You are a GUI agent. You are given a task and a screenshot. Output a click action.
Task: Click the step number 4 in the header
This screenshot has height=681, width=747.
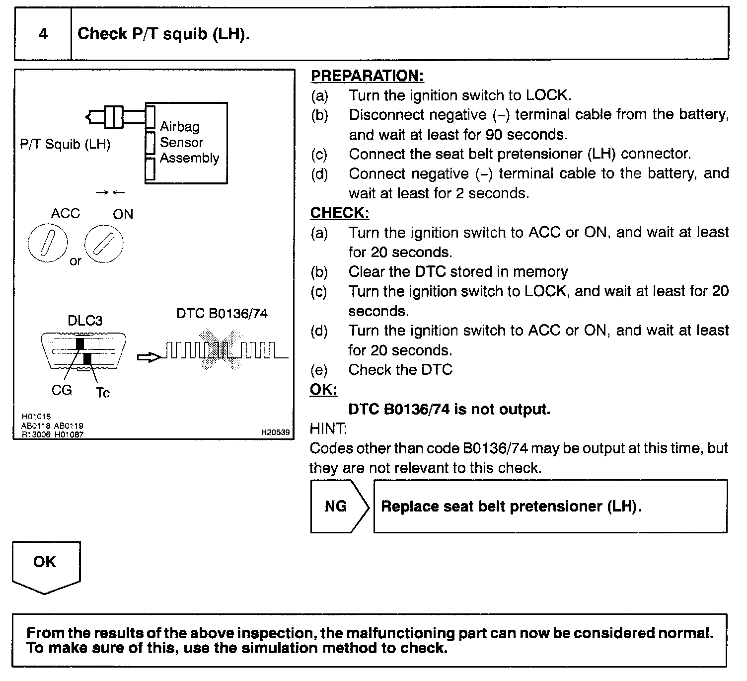point(43,34)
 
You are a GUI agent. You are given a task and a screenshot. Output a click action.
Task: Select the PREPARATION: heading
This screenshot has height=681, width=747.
point(367,76)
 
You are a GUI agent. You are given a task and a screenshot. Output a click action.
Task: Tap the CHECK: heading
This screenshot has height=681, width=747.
point(340,213)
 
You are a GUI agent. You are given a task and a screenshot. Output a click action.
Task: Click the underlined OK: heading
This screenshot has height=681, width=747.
point(324,389)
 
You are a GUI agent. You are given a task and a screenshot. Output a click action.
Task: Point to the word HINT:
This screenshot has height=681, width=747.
point(328,428)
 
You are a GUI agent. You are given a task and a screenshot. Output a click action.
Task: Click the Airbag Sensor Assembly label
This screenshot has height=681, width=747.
point(189,142)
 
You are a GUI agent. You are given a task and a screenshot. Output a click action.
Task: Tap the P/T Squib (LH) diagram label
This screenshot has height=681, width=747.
point(65,144)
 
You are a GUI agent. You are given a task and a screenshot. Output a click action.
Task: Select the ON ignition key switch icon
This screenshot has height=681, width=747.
point(104,243)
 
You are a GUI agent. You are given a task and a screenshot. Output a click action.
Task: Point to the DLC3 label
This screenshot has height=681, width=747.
point(85,321)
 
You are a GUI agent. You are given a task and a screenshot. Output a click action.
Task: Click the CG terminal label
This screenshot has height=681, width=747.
point(62,390)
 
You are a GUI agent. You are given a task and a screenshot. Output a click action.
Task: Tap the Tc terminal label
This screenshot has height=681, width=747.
point(103,393)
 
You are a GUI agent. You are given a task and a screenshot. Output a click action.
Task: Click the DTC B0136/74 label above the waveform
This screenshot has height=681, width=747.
point(222,314)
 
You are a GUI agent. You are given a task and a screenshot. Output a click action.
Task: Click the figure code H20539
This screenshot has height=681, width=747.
point(275,432)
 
